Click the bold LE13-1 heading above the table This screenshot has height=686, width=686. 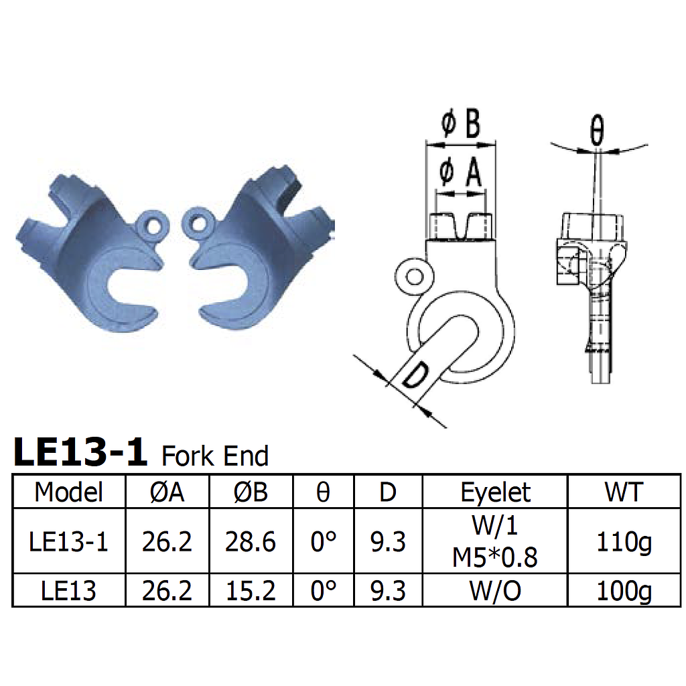pyautogui.click(x=80, y=452)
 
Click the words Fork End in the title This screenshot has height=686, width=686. pyautogui.click(x=215, y=456)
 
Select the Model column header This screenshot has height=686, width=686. pyautogui.click(x=69, y=492)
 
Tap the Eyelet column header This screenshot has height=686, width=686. pyautogui.click(x=495, y=492)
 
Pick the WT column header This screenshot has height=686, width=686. pyautogui.click(x=624, y=492)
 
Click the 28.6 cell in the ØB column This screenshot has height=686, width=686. pyautogui.click(x=251, y=541)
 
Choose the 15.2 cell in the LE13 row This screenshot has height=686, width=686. pyautogui.click(x=251, y=590)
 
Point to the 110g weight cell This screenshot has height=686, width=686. pyautogui.click(x=624, y=541)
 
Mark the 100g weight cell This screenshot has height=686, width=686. pyautogui.click(x=624, y=590)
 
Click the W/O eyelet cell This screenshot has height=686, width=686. pyautogui.click(x=495, y=590)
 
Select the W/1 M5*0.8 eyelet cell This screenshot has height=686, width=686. pyautogui.click(x=495, y=541)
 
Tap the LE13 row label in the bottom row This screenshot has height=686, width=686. pyautogui.click(x=69, y=590)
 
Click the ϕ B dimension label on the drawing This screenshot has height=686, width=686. pyautogui.click(x=461, y=124)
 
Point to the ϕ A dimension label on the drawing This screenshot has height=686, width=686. pyautogui.click(x=461, y=172)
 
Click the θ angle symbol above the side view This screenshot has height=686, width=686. pyautogui.click(x=597, y=133)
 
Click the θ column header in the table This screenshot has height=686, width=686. pyautogui.click(x=323, y=492)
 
